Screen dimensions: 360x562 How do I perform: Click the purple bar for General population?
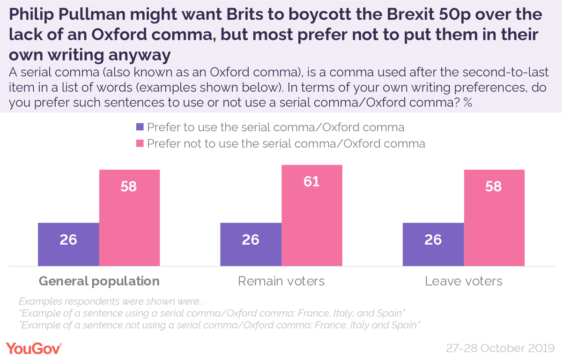click(68, 245)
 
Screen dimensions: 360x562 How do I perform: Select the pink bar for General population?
click(129, 218)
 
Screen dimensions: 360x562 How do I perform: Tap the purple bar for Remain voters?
click(251, 245)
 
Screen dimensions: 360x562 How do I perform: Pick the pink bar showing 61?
click(312, 216)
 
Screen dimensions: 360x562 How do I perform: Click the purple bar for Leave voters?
click(433, 245)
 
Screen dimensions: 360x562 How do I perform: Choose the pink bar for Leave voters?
click(494, 218)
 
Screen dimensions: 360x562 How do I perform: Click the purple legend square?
click(140, 127)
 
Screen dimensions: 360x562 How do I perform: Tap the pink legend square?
click(140, 143)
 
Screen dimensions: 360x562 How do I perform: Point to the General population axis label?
click(99, 281)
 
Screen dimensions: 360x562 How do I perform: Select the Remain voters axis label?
click(281, 281)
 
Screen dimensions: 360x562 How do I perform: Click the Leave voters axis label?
click(464, 281)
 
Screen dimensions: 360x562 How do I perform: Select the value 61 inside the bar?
click(311, 181)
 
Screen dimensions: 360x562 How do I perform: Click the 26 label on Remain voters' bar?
click(251, 240)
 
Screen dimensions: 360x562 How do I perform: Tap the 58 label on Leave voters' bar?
click(494, 186)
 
